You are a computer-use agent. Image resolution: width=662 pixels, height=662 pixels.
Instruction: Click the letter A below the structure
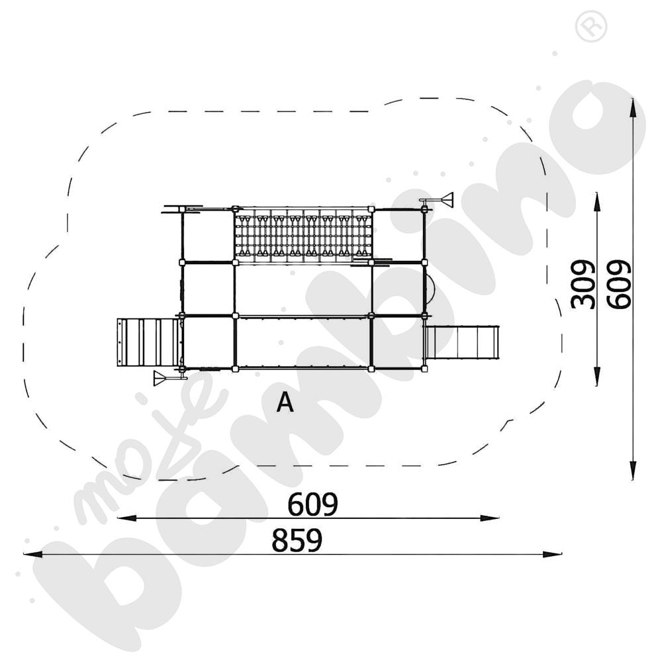[x=285, y=402]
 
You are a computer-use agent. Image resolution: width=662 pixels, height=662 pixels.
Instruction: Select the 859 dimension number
[x=297, y=540]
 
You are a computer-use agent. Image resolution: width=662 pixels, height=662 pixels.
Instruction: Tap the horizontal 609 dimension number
[x=312, y=505]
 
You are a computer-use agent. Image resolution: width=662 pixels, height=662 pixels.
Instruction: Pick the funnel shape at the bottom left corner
[x=161, y=378]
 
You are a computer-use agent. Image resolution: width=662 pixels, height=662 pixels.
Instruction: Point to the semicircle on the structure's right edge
[x=429, y=289]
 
